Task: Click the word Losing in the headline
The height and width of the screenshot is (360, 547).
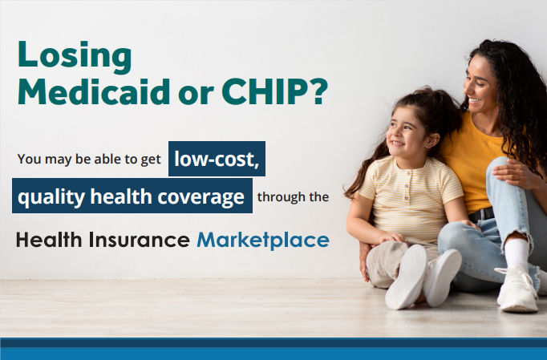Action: pos(75,56)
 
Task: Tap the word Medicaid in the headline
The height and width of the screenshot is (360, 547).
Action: pos(94,91)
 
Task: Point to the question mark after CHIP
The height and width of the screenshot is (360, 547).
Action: pos(319,91)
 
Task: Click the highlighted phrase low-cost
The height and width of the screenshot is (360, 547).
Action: pos(217,159)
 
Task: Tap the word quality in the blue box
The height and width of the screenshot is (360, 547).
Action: pos(51,197)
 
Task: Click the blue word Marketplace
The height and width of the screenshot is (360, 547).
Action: pos(263,241)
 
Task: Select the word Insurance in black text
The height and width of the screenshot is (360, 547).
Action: pos(140,240)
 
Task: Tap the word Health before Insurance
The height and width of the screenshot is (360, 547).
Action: pos(49,240)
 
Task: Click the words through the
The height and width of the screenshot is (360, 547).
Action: pos(293,196)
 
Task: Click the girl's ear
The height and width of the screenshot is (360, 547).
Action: pos(432,140)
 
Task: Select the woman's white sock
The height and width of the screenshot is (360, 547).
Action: pos(517,252)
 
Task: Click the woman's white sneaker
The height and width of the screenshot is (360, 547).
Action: pos(517,289)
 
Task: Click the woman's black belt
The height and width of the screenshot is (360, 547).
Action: pos(481,214)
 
